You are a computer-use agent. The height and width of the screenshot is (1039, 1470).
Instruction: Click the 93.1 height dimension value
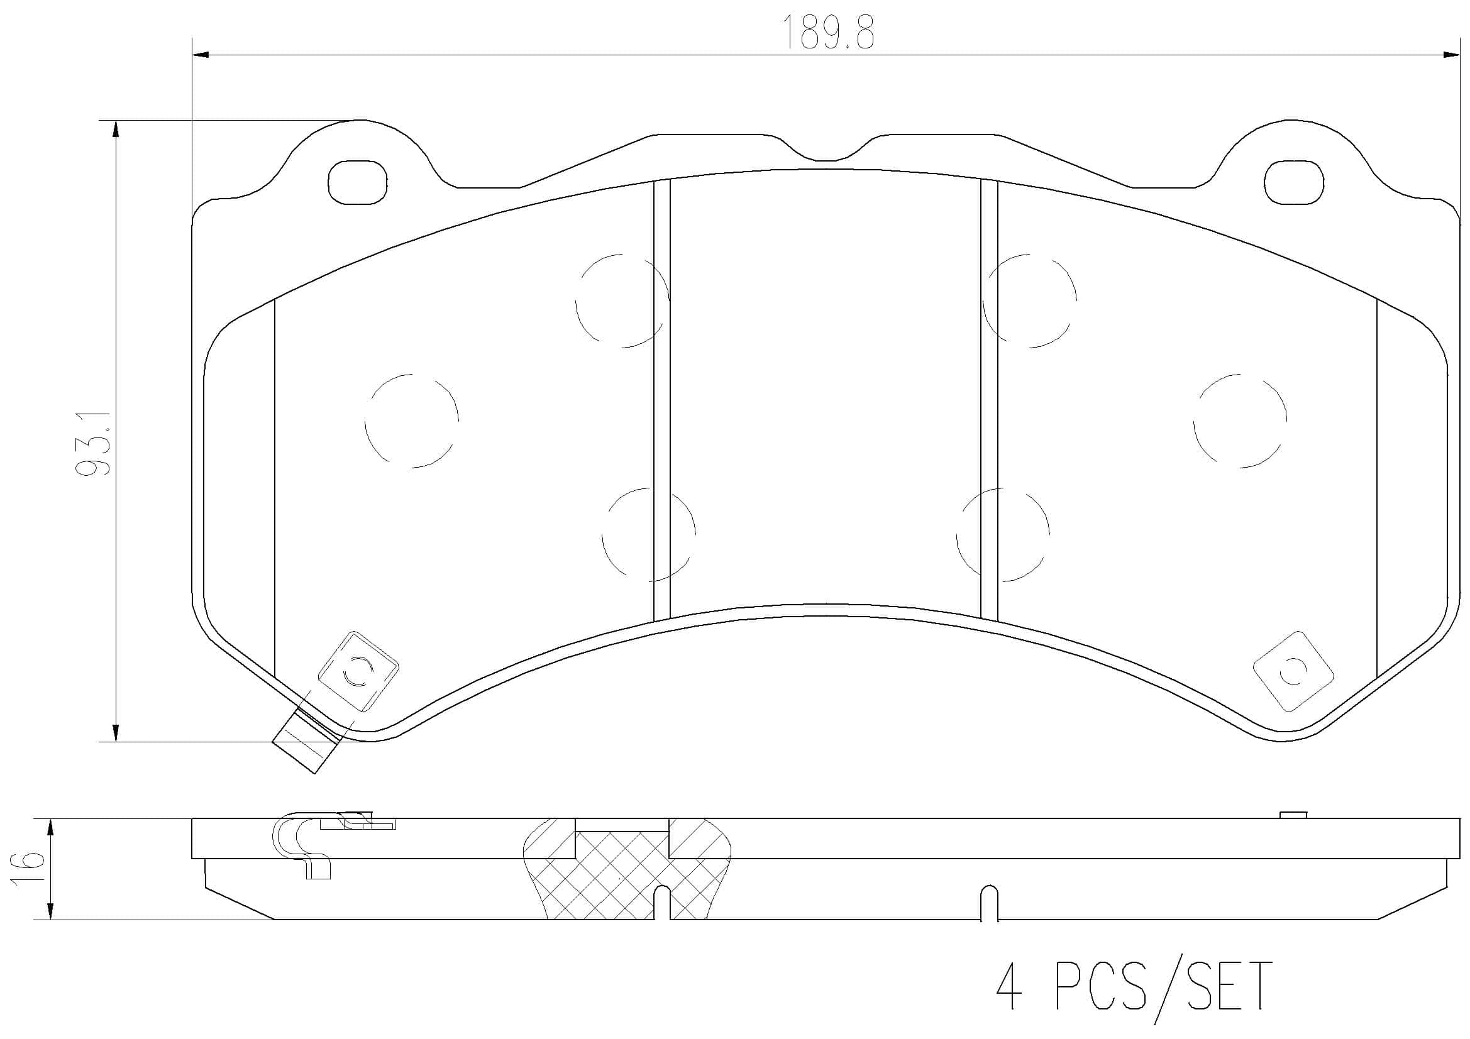coord(94,443)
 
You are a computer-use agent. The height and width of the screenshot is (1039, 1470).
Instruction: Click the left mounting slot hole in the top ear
coord(358,182)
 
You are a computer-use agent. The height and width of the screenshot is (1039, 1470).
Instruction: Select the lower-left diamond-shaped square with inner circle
coord(358,671)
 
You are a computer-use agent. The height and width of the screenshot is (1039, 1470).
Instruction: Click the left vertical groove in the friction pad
coord(661,400)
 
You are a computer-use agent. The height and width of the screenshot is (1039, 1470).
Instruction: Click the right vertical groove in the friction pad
coord(989,400)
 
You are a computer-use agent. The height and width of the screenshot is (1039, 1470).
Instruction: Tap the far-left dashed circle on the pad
coord(412,421)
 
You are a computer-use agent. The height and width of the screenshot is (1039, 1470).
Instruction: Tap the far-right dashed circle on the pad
coord(1240,421)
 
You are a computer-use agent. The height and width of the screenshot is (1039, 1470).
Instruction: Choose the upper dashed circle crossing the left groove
coord(622,301)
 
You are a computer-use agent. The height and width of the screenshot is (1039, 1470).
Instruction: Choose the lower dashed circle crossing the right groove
coord(1003,534)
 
